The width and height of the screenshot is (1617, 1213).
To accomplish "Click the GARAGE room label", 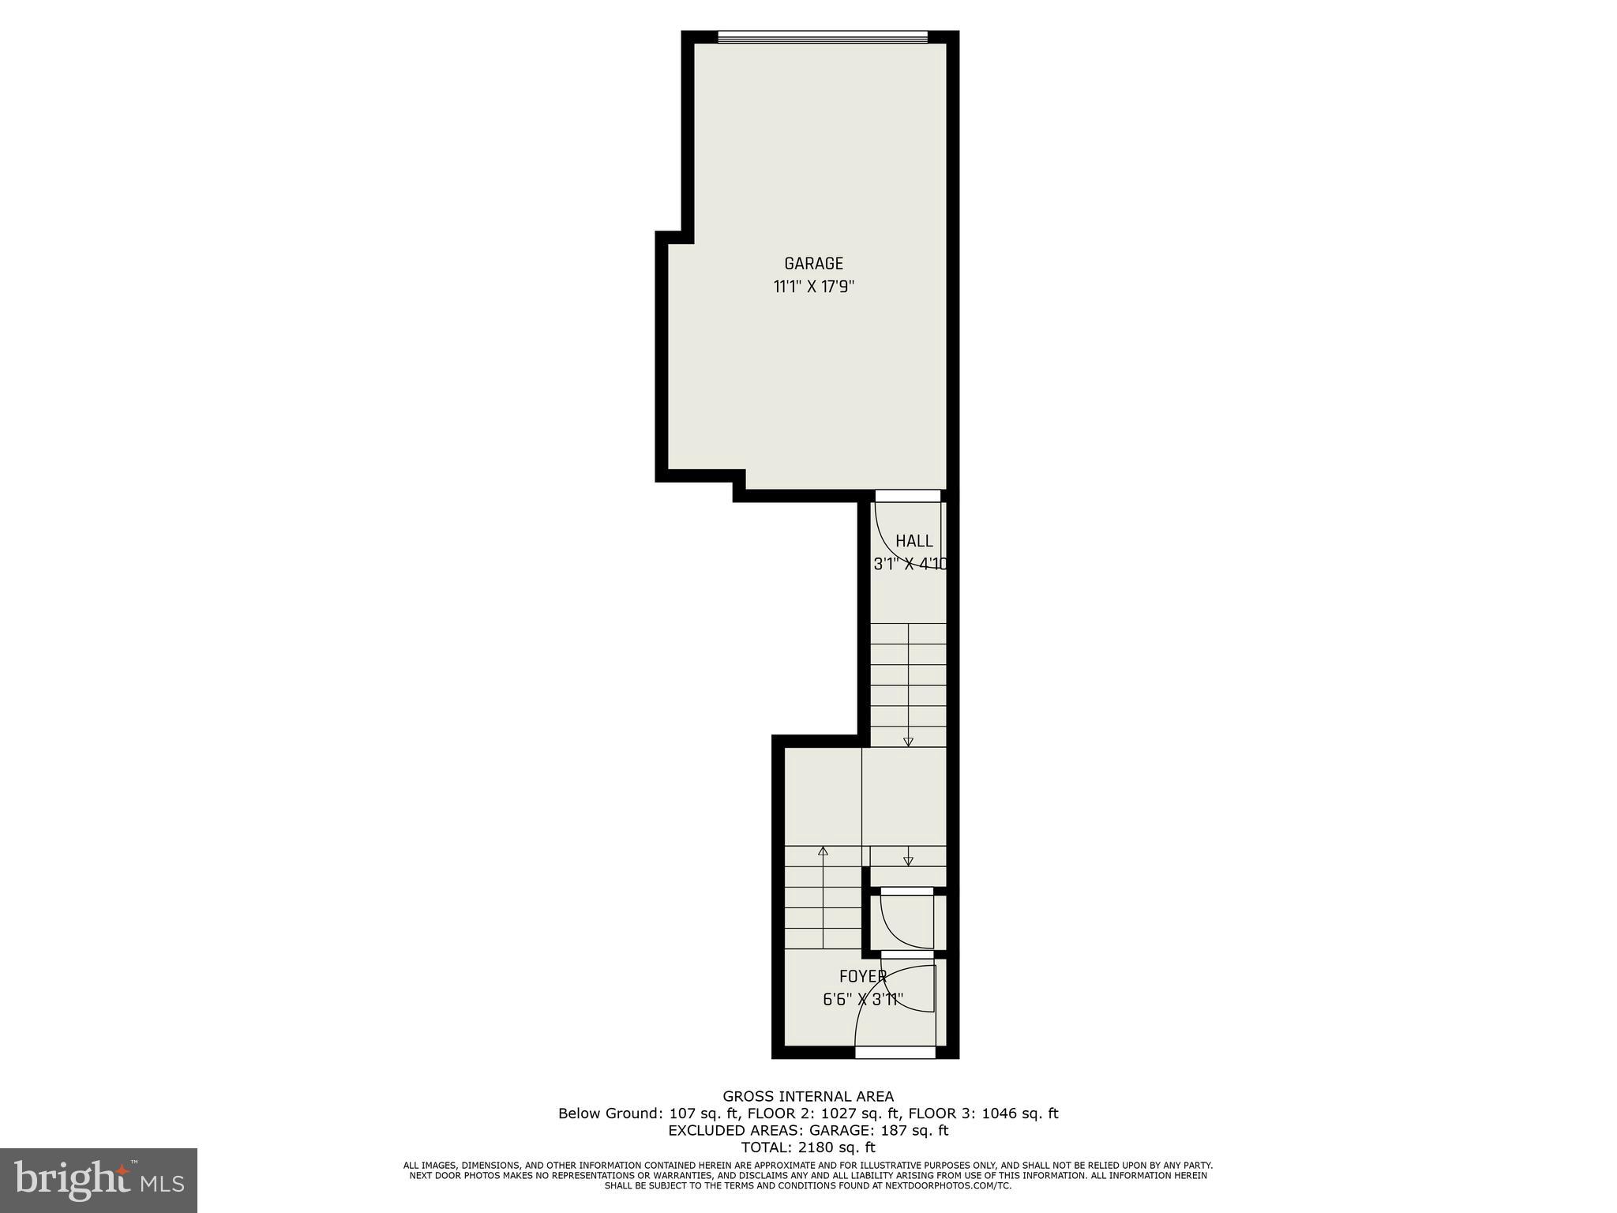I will click(813, 264).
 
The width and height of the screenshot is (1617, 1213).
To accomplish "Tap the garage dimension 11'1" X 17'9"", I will click(813, 287).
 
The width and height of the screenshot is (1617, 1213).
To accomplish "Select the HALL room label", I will click(914, 541).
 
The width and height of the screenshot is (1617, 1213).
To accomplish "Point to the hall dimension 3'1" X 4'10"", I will click(910, 565).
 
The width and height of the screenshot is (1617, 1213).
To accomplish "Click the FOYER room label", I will click(862, 977).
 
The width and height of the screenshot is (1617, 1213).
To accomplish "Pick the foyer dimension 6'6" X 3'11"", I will click(862, 1000).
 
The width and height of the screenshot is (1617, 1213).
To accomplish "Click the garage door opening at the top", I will click(822, 36).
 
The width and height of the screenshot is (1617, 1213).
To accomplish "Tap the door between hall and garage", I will click(907, 496).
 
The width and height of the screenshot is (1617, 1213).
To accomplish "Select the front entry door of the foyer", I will click(895, 1052).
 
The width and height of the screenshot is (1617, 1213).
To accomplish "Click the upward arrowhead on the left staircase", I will click(823, 851).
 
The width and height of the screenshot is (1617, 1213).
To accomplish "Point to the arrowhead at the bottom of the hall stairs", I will click(908, 742).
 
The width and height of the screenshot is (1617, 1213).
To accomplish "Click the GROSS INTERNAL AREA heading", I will click(808, 1096).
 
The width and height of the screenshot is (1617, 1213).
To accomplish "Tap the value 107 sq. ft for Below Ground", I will click(703, 1113).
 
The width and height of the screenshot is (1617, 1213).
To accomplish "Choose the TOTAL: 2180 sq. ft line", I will click(808, 1147).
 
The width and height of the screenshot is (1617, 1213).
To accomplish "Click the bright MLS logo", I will click(98, 1180).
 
